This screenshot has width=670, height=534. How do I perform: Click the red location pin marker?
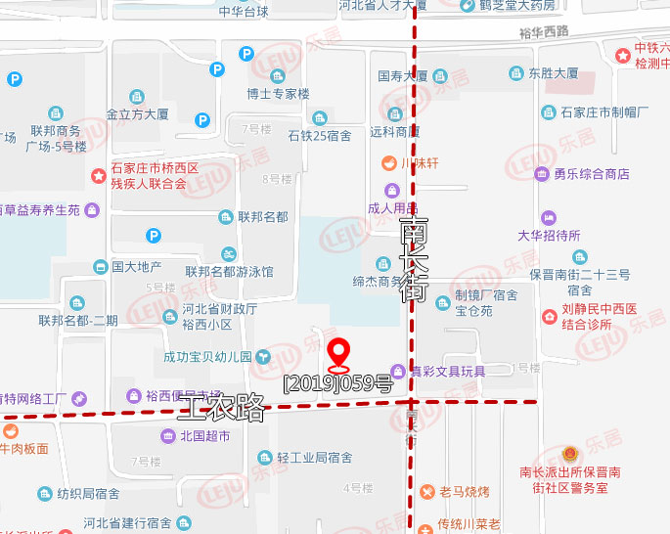[x=338, y=353]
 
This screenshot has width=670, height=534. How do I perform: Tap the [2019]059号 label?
[x=336, y=383]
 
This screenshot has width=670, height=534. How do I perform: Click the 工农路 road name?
[x=221, y=407]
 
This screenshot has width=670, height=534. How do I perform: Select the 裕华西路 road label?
[x=544, y=32]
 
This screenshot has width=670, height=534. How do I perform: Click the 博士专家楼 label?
[x=278, y=94]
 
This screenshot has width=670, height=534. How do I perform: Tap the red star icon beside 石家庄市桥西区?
[x=98, y=176]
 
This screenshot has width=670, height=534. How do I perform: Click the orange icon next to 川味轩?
[x=388, y=162]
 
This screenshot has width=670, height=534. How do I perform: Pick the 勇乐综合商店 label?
[x=592, y=175]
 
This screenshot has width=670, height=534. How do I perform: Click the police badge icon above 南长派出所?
[x=570, y=454]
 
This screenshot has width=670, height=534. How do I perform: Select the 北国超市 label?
[x=204, y=436]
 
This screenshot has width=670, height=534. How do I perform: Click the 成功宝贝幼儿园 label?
[x=208, y=357]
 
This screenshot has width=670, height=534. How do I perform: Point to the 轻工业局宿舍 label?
[x=314, y=458]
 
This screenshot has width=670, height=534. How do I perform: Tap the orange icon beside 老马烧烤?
[x=426, y=491]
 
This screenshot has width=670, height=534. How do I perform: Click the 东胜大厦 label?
[x=553, y=73]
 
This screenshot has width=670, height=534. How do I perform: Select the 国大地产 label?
[x=136, y=266]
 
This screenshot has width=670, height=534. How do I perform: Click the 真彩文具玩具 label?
[x=446, y=371]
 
